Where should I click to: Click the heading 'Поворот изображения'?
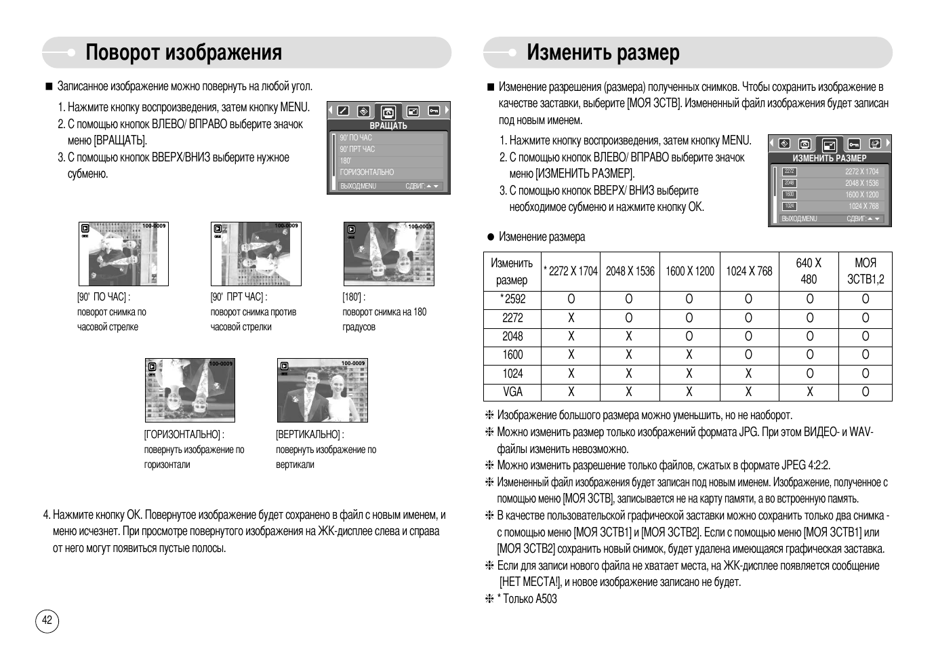coord(184,53)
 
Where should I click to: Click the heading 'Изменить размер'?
coord(603,53)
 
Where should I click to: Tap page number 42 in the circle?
coord(47,620)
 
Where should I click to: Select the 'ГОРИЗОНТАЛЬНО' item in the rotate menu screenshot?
coord(367,172)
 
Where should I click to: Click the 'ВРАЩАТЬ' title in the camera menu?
coord(388,125)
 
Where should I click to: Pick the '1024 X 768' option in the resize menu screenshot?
coord(863,206)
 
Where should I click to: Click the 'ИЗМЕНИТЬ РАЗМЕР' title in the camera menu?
coord(829,158)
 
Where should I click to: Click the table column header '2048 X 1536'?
coord(630,271)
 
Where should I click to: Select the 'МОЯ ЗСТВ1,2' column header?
coord(866,271)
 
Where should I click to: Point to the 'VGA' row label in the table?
coord(512,392)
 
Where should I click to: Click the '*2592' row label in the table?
coord(512,299)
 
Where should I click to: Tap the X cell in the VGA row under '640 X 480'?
coord(809,392)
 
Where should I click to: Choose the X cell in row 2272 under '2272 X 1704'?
coord(571,317)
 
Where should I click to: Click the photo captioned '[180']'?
coord(388,254)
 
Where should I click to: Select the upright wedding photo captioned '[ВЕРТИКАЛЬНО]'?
coord(322,391)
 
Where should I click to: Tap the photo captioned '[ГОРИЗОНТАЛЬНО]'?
coord(190,391)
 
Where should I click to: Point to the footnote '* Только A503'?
coord(529,599)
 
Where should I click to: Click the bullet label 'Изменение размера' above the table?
coord(542,237)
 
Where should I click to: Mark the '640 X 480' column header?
coord(809,271)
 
